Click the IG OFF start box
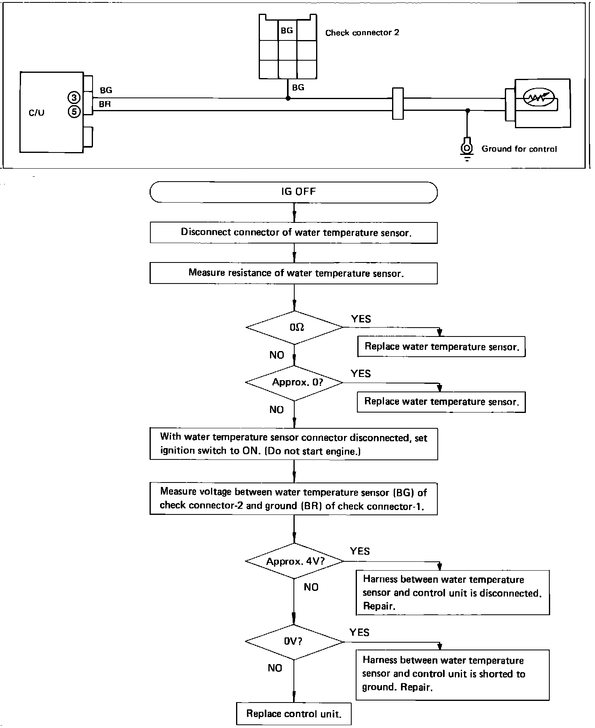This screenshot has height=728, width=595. click(x=293, y=192)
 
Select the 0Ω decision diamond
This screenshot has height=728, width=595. click(x=294, y=328)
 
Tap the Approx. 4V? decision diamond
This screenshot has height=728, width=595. click(x=294, y=561)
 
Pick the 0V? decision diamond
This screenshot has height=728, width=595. click(x=294, y=642)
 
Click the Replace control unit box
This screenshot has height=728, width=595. click(x=294, y=714)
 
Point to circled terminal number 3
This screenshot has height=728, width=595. click(x=74, y=97)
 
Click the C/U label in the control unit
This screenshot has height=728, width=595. click(x=36, y=113)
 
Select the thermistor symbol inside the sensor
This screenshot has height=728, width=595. click(x=537, y=97)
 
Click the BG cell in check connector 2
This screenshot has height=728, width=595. click(x=287, y=30)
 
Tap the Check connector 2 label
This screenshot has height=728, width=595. click(x=362, y=33)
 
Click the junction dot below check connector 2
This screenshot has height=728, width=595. click(x=288, y=98)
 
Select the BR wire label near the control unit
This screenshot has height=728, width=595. click(x=105, y=104)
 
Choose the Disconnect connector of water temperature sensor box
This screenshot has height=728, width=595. click(x=293, y=233)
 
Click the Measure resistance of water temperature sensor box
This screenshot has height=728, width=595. click(x=293, y=273)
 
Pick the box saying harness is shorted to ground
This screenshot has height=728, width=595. click(x=452, y=674)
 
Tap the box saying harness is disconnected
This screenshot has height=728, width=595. click(x=452, y=593)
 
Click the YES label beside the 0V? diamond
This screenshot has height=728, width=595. click(x=359, y=632)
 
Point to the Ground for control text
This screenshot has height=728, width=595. click(x=519, y=149)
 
